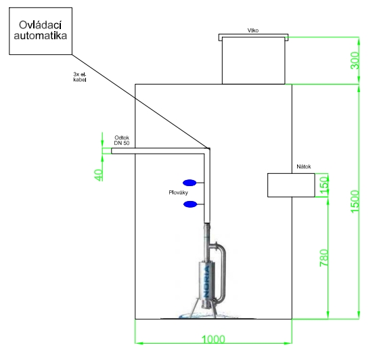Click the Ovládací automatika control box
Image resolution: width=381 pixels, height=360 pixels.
(41, 31)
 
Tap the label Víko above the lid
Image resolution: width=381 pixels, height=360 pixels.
(253, 30)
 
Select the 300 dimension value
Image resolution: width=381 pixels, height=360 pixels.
(355, 60)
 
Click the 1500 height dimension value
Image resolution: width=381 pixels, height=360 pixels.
(355, 202)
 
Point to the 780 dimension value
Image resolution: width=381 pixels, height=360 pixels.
(324, 258)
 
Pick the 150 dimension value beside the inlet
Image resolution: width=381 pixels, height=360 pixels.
(324, 185)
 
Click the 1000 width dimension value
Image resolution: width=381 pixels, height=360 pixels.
(213, 339)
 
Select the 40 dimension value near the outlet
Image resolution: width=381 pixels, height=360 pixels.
(98, 175)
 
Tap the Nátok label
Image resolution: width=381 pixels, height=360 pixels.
(303, 166)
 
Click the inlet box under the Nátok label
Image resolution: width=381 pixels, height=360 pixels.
(291, 185)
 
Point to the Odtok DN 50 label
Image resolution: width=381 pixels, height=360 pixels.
(122, 140)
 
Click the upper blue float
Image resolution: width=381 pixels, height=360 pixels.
(189, 183)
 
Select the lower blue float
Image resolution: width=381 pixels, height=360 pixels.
(190, 204)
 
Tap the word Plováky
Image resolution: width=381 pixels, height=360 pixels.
(179, 193)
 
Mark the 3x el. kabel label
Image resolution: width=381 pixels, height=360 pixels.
(80, 76)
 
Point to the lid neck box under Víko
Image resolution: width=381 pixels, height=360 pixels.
(253, 60)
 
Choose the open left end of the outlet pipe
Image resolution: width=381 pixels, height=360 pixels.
(112, 151)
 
